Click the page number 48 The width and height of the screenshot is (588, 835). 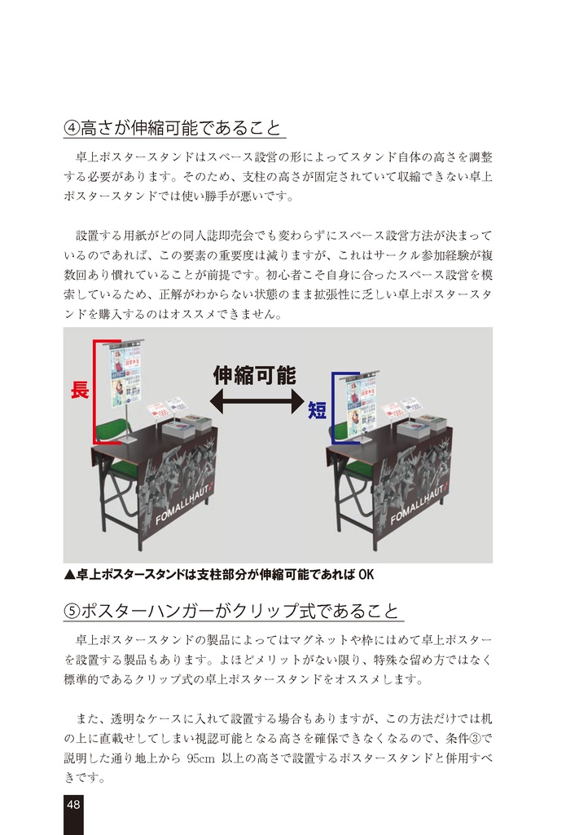click(73, 805)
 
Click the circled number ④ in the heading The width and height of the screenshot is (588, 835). click(71, 128)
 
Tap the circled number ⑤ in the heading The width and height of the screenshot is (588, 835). click(71, 612)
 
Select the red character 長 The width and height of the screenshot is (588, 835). click(79, 391)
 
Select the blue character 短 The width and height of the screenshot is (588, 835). click(317, 410)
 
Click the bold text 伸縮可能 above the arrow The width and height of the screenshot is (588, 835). click(254, 375)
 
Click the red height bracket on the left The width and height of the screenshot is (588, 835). click(94, 391)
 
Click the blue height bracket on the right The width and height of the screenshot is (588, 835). click(333, 408)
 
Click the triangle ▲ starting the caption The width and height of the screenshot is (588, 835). click(69, 574)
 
